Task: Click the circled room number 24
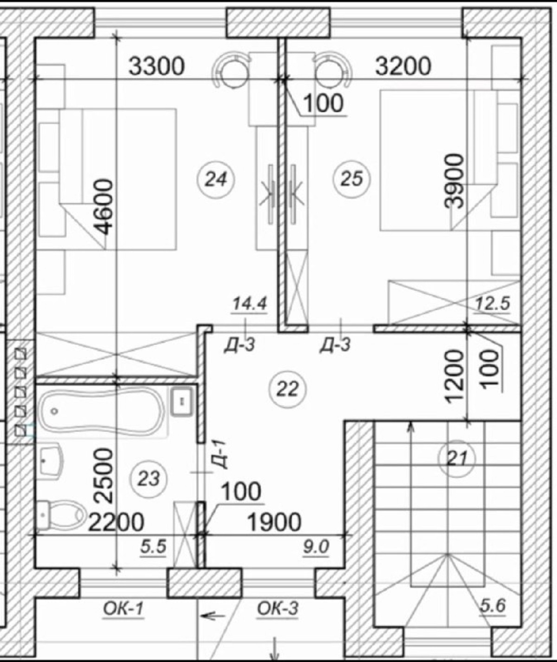point(216,179)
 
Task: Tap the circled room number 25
point(351,179)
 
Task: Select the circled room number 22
point(287,389)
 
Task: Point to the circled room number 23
point(149,479)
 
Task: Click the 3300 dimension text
point(157,66)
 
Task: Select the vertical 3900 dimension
point(454,181)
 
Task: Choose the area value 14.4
point(250,304)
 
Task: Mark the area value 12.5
point(492,304)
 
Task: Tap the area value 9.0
point(316,547)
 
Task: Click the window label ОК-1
point(123,609)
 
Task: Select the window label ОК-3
point(278,609)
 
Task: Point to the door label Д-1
point(220,454)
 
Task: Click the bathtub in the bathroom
point(101,411)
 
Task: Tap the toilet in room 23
point(61,515)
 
